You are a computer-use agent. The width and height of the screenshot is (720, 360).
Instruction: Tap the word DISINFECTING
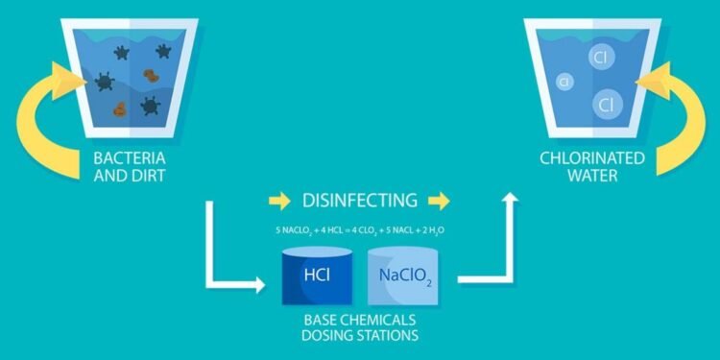tap(360, 201)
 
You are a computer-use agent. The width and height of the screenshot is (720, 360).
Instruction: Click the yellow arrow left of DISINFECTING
tap(279, 201)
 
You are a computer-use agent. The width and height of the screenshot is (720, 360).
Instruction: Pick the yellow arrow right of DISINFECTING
tap(440, 201)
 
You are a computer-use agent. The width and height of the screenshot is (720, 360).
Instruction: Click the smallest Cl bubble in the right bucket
tap(564, 83)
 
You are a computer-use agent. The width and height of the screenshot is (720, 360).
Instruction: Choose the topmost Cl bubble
tap(600, 57)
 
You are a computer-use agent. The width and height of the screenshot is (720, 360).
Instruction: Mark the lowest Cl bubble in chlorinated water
tap(604, 102)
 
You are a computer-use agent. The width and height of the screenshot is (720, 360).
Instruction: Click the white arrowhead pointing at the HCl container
tap(256, 285)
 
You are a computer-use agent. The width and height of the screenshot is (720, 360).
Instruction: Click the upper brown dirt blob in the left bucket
tap(151, 75)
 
